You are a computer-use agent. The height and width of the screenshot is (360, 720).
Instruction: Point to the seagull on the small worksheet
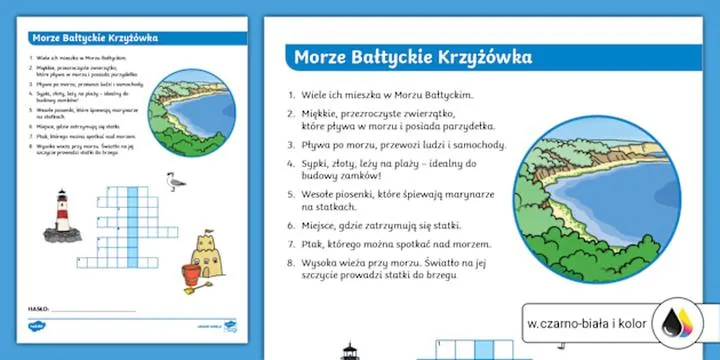point(174,182)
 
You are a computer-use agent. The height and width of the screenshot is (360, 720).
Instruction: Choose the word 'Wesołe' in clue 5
point(322,190)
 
